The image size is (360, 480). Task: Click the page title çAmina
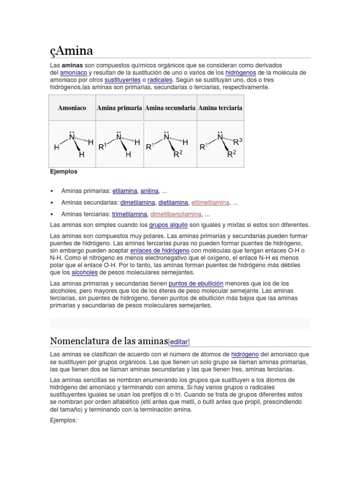pos(71,50)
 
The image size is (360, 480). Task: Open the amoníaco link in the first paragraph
pos(73,73)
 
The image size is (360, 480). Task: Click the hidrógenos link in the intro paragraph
pos(240,73)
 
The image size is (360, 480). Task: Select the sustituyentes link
pos(122,80)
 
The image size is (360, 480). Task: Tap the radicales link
pos(160,80)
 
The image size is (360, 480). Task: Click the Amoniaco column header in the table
pos(72,108)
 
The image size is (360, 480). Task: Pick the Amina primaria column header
pos(120,108)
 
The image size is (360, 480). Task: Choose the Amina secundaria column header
pos(170,108)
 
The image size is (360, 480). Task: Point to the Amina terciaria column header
pos(220,108)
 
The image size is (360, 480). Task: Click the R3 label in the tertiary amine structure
pos(238,141)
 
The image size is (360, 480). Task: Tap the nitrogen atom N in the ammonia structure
pos(72,136)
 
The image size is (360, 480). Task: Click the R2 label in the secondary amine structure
pos(177,154)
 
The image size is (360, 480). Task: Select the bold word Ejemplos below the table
pos(64,172)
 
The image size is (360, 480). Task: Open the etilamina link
pos(125,191)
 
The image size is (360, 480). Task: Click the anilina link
pos(150,191)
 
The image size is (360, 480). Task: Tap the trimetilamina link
pos(129,214)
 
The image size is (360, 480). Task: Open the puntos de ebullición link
pos(196,284)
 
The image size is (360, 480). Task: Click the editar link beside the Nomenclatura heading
pos(179,341)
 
